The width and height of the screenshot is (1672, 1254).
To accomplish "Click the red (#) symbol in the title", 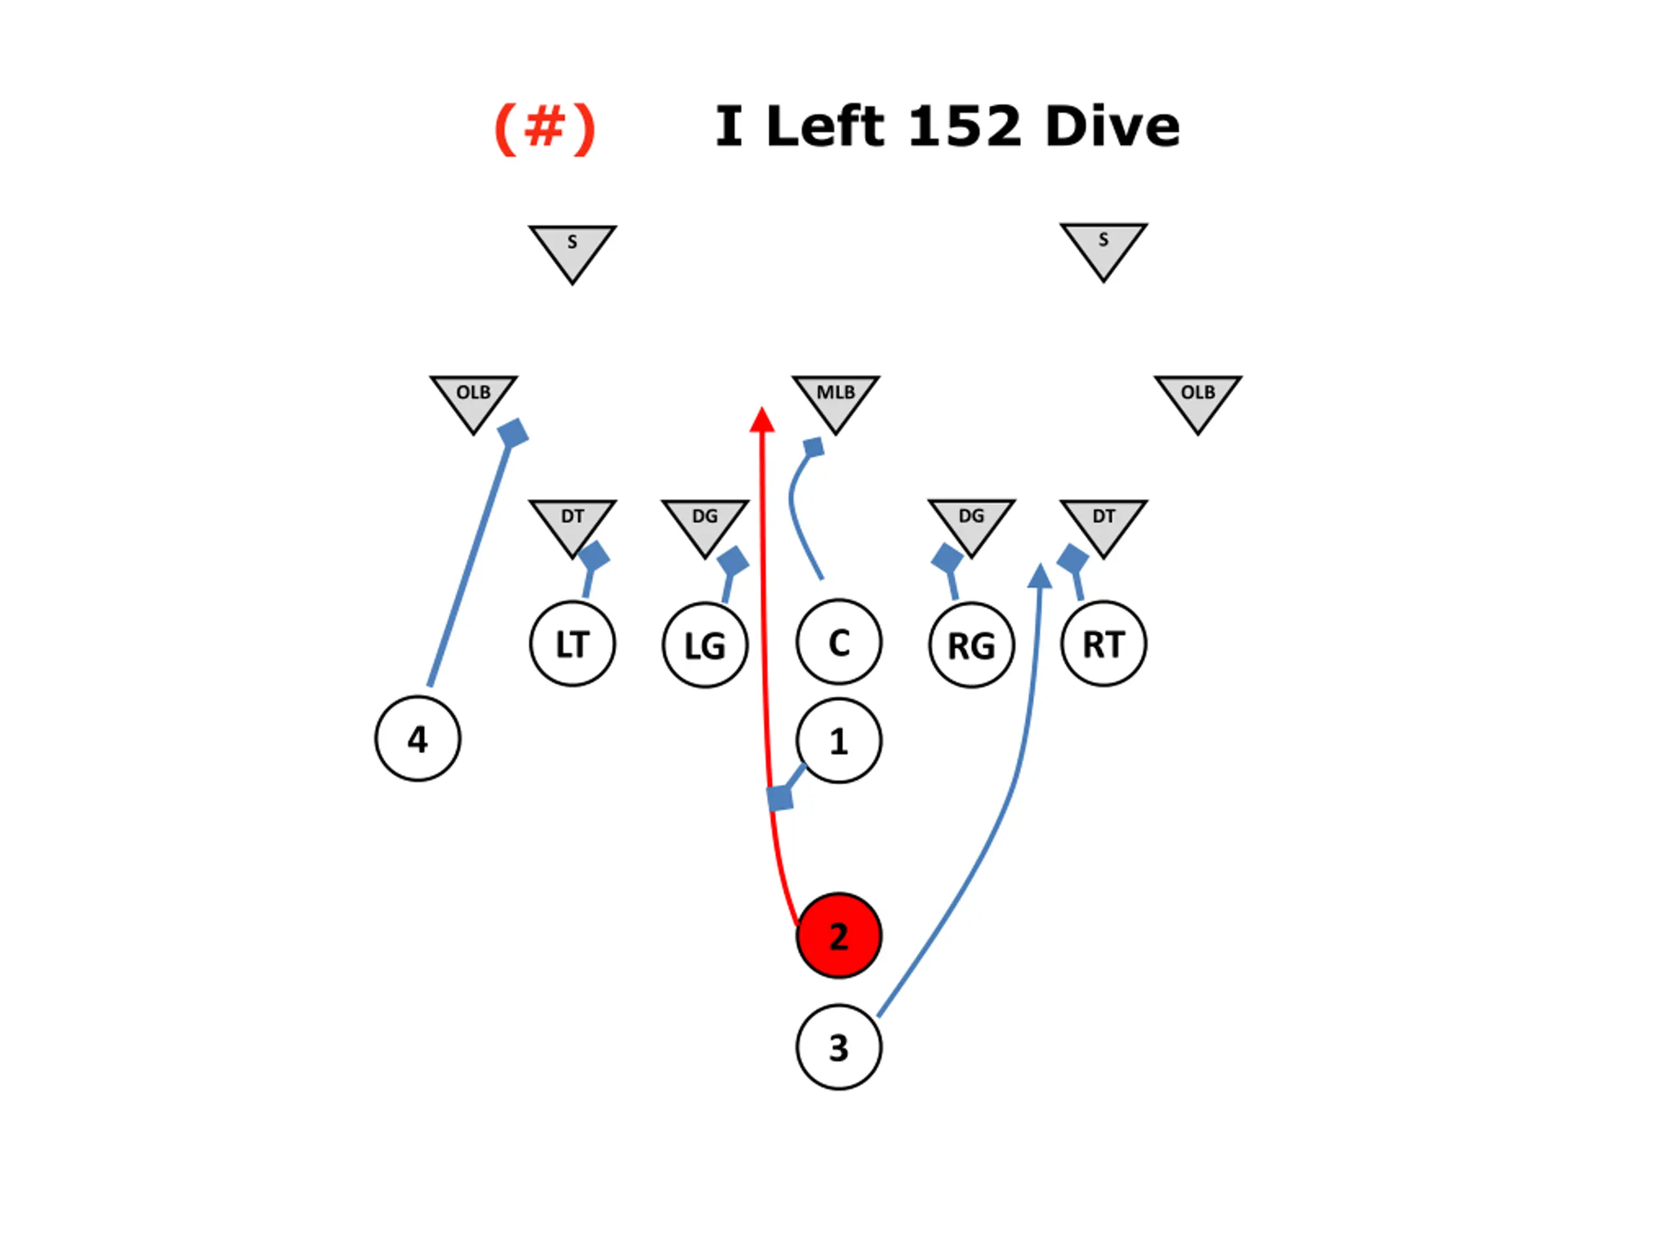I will tap(544, 129).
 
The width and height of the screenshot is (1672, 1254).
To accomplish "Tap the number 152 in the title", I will tap(965, 126).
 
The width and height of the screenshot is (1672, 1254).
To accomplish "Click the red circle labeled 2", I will tap(838, 936).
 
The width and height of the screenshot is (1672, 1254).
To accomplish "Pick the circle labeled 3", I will tap(838, 1047).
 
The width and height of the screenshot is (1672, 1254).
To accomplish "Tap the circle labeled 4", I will tap(417, 739).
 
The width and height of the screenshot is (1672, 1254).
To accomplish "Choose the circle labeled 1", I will tap(838, 741).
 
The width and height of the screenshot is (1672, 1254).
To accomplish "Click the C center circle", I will tap(838, 643).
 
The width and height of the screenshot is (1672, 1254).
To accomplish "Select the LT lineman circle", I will tap(572, 644).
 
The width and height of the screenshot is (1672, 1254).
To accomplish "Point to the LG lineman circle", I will tap(705, 645).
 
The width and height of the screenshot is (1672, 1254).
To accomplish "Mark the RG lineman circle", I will tap(971, 645).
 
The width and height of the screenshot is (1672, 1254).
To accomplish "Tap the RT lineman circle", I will tap(1104, 644).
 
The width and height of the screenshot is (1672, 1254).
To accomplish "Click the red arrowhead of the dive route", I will tap(762, 420).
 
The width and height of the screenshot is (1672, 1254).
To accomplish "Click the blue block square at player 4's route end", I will tap(513, 433).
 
